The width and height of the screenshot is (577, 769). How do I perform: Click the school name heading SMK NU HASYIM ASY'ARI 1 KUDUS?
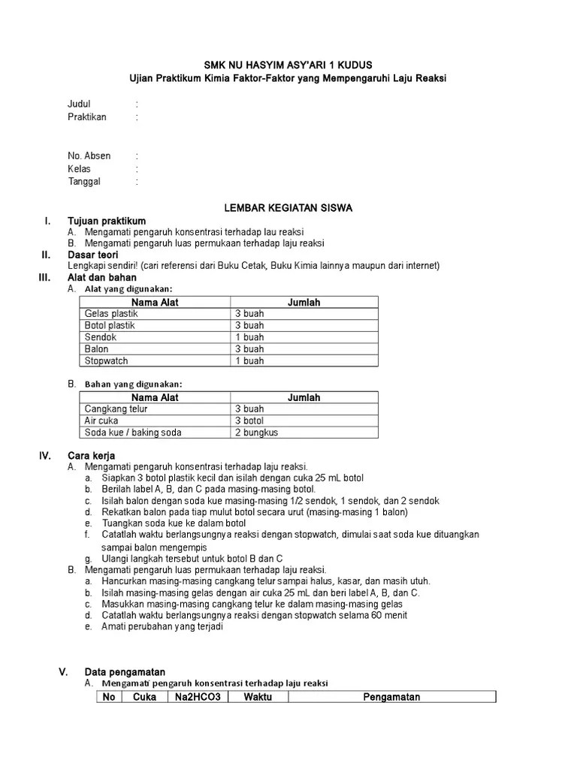288,65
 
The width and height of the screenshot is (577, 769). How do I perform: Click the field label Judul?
79,104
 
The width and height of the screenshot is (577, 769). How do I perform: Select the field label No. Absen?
89,155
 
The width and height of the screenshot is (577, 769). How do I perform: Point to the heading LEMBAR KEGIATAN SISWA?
288,207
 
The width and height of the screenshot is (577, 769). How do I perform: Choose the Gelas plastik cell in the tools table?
111,314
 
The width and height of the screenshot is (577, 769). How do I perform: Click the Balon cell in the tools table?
97,349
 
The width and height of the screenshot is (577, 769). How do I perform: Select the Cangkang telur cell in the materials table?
116,409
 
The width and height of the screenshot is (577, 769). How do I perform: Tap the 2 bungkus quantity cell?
256,433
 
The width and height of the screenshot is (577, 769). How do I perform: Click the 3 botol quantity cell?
249,421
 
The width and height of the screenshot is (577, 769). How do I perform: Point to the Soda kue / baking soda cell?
133,433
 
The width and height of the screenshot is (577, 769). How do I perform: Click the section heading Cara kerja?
91,456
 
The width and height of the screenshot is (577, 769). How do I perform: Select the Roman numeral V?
63,672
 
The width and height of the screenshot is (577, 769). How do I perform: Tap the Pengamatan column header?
391,697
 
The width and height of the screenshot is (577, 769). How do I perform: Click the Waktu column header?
258,697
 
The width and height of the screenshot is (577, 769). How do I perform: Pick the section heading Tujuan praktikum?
107,221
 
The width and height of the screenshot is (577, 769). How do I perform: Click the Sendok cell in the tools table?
101,337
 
